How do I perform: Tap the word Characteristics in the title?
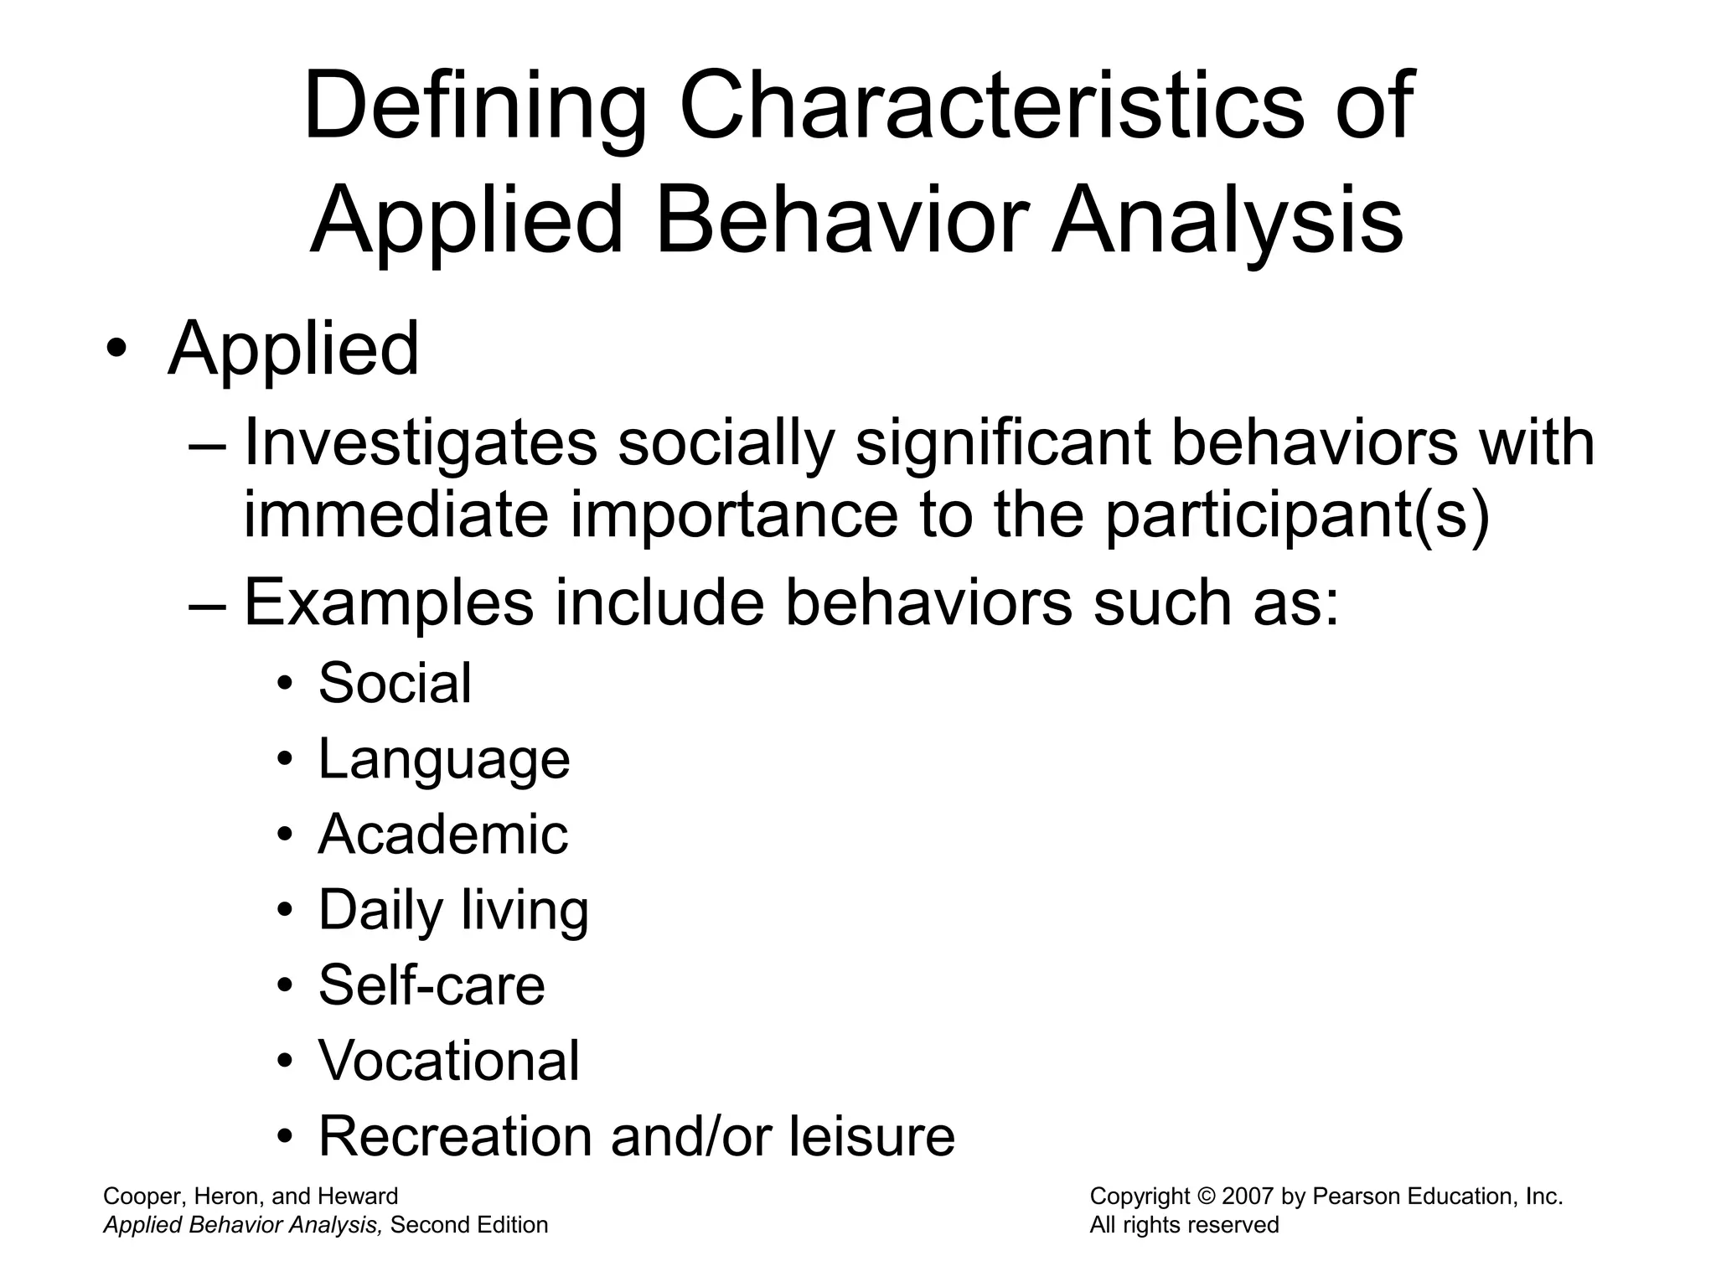(x=991, y=107)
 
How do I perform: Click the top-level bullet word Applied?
(x=293, y=349)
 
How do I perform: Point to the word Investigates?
(x=420, y=444)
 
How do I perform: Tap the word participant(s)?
(x=1297, y=515)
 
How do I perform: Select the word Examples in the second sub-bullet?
(x=389, y=602)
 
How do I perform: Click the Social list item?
(x=395, y=683)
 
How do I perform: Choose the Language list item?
(x=444, y=760)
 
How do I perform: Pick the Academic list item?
(x=443, y=835)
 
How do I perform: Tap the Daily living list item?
(x=453, y=911)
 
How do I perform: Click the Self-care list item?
(x=432, y=985)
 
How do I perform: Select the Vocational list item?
(x=449, y=1061)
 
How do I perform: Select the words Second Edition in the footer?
(x=469, y=1225)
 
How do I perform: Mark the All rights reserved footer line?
(x=1184, y=1225)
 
